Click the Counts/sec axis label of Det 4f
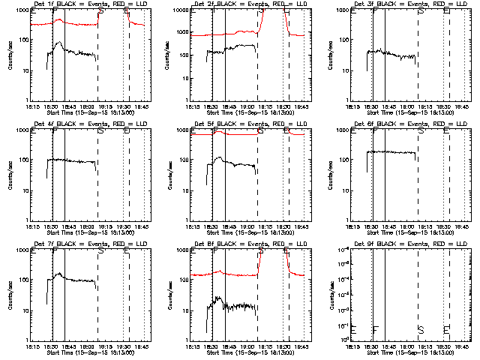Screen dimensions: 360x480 pos(10,175)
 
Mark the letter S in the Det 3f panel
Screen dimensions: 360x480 pos(421,12)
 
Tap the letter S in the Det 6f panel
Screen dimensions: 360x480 pos(421,131)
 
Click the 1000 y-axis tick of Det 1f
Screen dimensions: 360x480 pos(22,10)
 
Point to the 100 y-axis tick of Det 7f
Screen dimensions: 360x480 pos(24,280)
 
